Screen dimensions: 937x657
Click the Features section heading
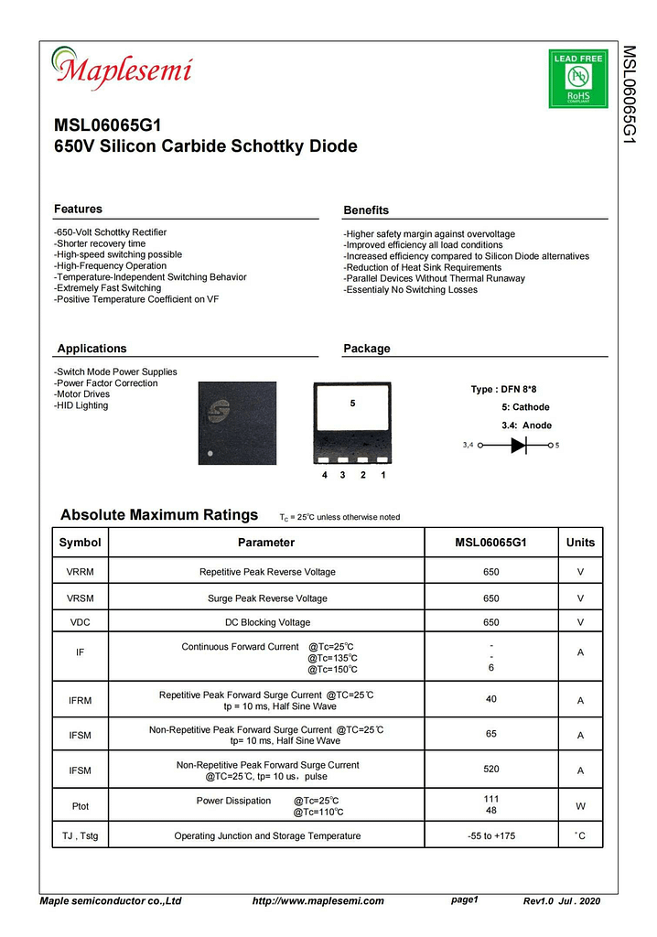pyautogui.click(x=79, y=210)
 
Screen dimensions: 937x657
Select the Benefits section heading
pyautogui.click(x=366, y=210)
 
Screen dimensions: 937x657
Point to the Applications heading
pyautogui.click(x=92, y=349)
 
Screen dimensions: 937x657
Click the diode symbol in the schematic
pyautogui.click(x=519, y=446)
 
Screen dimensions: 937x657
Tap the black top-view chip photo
pyautogui.click(x=237, y=423)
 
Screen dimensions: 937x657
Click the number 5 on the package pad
pyautogui.click(x=352, y=404)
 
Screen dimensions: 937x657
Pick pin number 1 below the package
pyautogui.click(x=382, y=476)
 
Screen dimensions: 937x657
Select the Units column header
pyautogui.click(x=580, y=543)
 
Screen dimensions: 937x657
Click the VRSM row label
pyautogui.click(x=81, y=598)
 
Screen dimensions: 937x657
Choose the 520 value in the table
pyautogui.click(x=491, y=770)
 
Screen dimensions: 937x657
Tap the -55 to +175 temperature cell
pyautogui.click(x=491, y=835)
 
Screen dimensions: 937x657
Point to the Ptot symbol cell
pyautogui.click(x=81, y=806)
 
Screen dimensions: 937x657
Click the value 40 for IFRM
pyautogui.click(x=491, y=700)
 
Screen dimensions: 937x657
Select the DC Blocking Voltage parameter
pyautogui.click(x=267, y=623)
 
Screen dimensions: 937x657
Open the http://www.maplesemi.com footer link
pyautogui.click(x=318, y=901)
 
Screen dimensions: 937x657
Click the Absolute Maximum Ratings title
pyautogui.click(x=159, y=515)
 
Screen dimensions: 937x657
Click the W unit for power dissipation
pyautogui.click(x=580, y=806)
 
